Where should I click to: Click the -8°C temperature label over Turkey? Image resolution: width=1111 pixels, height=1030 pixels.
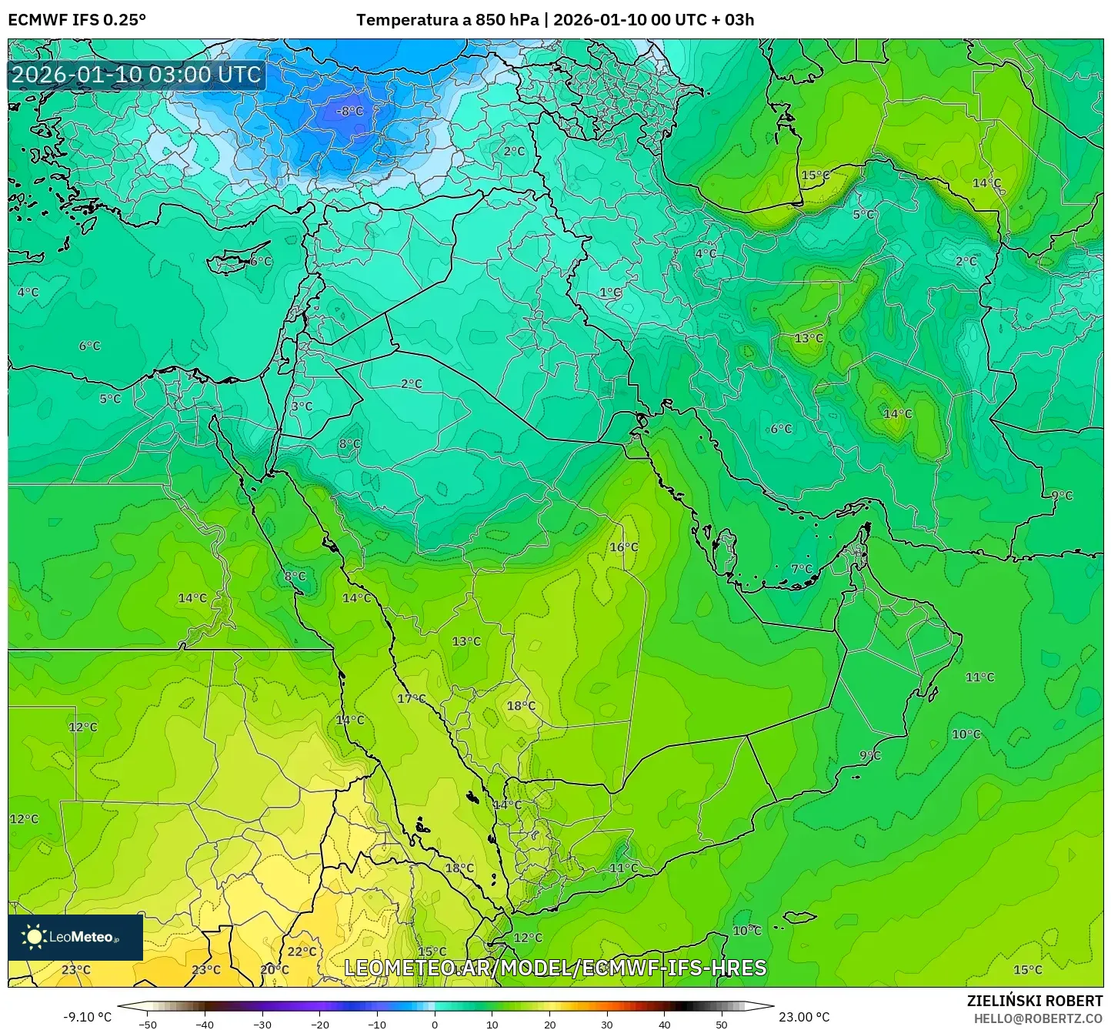tap(349, 111)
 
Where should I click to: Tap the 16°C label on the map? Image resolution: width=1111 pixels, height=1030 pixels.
tap(623, 547)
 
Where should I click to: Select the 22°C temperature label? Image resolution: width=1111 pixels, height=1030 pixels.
tap(302, 951)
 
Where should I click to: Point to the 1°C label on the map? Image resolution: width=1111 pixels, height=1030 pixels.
tap(610, 293)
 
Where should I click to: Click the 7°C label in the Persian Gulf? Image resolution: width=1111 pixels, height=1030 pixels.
tap(802, 569)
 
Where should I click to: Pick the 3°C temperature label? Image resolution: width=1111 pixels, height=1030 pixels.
tap(302, 406)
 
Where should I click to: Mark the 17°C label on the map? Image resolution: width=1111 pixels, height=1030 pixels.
tap(411, 698)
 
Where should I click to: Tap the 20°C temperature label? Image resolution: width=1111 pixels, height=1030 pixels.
tap(275, 970)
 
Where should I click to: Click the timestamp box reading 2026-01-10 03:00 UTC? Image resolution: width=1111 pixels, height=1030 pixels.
tap(136, 75)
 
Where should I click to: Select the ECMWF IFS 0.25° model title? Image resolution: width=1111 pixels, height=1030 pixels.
tap(77, 20)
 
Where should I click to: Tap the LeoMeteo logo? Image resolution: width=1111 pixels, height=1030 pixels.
tap(75, 937)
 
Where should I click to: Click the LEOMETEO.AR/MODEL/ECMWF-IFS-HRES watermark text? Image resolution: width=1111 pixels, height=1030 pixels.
tap(555, 968)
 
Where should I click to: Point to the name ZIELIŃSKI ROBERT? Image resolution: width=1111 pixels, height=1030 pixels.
tap(1035, 1001)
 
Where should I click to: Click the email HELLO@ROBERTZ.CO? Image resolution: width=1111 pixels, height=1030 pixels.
tap(1038, 1018)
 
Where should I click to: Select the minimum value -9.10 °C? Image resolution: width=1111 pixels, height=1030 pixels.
tap(87, 1017)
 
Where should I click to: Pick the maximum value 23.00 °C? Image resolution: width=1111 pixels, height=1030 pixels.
tap(804, 1017)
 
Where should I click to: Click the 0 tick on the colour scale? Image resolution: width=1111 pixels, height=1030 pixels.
tap(435, 1025)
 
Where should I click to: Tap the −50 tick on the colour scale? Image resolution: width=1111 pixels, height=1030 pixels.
tap(147, 1025)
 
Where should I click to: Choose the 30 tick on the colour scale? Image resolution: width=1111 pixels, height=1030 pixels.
tap(607, 1025)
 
